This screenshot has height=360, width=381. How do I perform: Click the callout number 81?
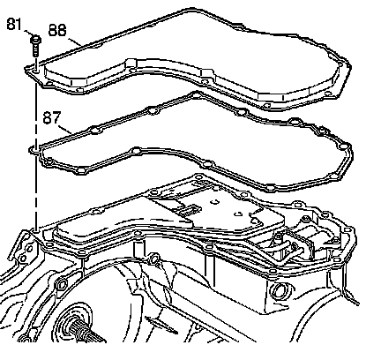[x=14, y=24]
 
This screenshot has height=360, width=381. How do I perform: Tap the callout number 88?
[x=57, y=30]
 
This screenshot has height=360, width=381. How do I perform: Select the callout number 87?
[x=52, y=117]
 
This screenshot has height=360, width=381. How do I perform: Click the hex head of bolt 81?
[x=35, y=40]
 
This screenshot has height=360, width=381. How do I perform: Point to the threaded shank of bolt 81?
[x=35, y=50]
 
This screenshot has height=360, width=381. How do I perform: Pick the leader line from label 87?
[x=65, y=129]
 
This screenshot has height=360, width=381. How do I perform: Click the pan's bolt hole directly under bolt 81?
[x=35, y=71]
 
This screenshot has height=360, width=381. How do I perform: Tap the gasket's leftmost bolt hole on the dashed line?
[x=34, y=150]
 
